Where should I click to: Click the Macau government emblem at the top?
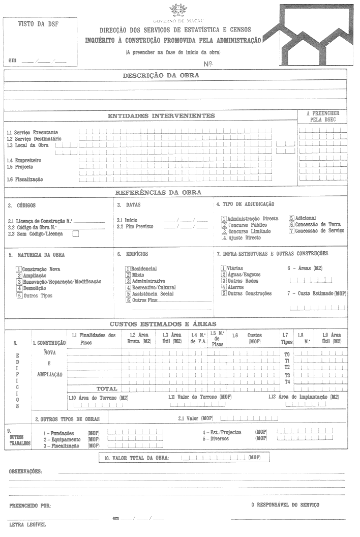click(x=178, y=10)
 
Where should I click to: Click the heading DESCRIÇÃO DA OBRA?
click(x=161, y=75)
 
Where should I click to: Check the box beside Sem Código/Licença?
click(x=76, y=234)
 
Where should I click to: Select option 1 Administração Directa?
click(x=224, y=218)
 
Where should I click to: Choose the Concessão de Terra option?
click(x=292, y=224)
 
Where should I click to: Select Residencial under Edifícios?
click(x=128, y=268)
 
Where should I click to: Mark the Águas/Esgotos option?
click(x=224, y=275)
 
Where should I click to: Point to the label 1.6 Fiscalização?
click(x=25, y=180)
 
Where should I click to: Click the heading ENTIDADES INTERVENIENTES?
click(x=161, y=116)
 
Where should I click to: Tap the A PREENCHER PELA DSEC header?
click(x=322, y=116)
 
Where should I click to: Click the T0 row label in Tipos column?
click(x=287, y=354)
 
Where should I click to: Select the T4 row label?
click(x=287, y=381)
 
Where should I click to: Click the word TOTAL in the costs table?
click(x=107, y=389)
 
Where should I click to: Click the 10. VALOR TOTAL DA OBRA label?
click(x=136, y=458)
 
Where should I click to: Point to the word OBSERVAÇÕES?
click(x=25, y=472)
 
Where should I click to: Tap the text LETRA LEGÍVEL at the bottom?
click(x=27, y=524)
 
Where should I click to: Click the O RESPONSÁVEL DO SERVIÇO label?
click(x=285, y=505)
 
